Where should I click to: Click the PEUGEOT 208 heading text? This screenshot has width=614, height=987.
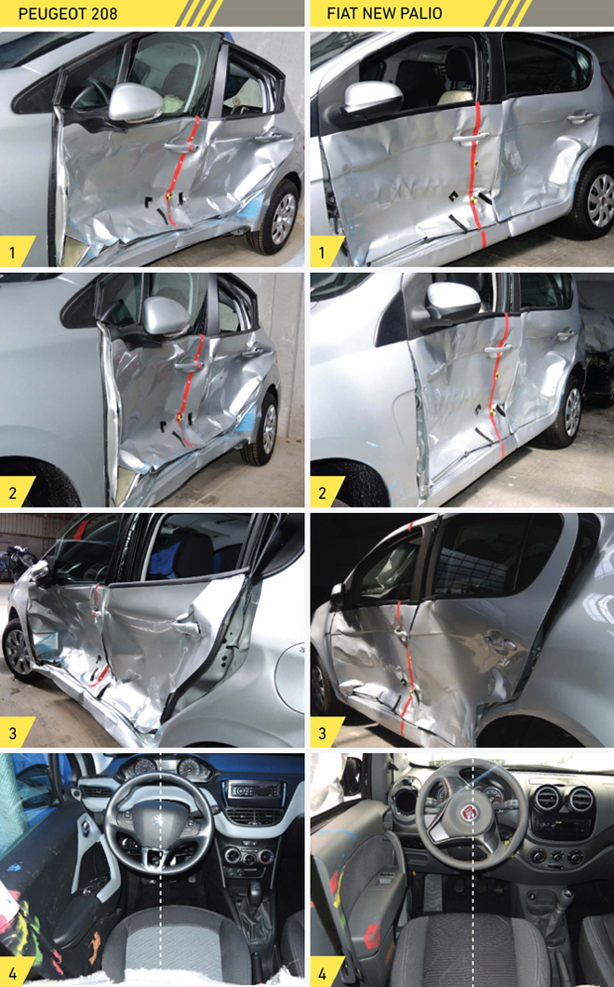click(67, 13)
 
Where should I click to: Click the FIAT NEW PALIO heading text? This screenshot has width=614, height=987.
click(384, 13)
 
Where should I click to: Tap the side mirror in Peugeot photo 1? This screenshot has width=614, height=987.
click(135, 102)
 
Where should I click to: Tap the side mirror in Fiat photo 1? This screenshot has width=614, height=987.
click(372, 98)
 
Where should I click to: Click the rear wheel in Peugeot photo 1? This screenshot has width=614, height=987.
click(279, 217)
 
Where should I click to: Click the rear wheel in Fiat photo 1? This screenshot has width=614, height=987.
click(595, 199)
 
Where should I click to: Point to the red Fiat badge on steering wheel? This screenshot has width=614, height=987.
click(469, 812)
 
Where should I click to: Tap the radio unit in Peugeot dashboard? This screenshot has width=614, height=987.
click(254, 790)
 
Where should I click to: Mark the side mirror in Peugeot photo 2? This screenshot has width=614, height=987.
click(165, 315)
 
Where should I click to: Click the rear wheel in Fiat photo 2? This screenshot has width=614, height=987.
click(569, 411)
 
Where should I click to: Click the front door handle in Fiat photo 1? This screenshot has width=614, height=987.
click(470, 137)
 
